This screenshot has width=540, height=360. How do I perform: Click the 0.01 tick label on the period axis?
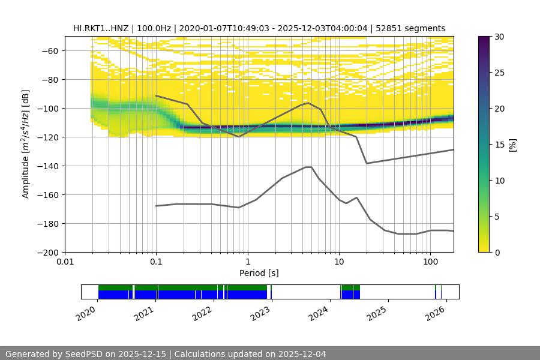pyautogui.click(x=65, y=262)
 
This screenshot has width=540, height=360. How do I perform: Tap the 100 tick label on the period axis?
pyautogui.click(x=430, y=262)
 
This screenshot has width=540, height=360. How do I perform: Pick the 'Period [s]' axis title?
pyautogui.click(x=259, y=273)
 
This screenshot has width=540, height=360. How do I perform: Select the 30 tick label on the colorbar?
pyautogui.click(x=499, y=37)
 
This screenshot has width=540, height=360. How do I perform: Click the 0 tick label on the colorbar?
pyautogui.click(x=497, y=253)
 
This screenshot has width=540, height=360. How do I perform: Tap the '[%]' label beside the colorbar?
pyautogui.click(x=512, y=144)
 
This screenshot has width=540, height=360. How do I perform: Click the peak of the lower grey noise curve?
pyautogui.click(x=308, y=167)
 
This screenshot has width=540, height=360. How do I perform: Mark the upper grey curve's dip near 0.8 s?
pyautogui.click(x=239, y=136)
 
